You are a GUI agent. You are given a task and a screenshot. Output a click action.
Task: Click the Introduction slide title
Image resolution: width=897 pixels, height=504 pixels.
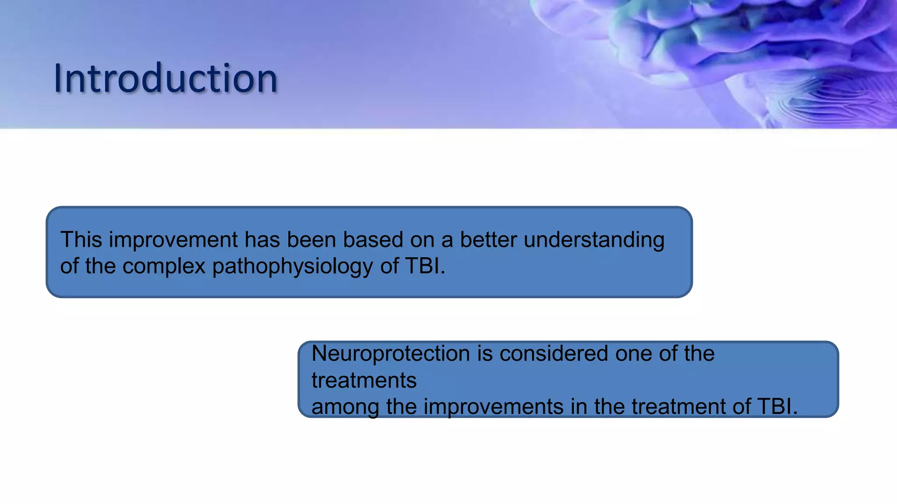tap(166, 79)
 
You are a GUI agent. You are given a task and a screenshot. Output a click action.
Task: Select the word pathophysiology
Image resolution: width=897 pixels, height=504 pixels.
tap(292, 266)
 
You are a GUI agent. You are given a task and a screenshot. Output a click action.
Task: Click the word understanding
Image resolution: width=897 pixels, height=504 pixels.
tap(594, 240)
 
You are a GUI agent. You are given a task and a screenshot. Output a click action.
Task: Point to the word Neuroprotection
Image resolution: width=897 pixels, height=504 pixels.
tap(391, 353)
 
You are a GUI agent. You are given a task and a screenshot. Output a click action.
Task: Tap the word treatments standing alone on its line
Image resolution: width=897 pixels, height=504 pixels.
tap(364, 380)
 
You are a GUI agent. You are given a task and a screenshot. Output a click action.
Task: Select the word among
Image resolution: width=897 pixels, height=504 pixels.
tap(345, 406)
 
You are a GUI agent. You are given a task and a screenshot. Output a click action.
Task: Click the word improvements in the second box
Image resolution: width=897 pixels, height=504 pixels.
tap(493, 406)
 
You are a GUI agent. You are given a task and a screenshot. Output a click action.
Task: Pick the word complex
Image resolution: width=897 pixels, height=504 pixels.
tap(164, 266)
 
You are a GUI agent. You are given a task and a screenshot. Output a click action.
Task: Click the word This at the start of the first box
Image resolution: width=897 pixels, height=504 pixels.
tap(81, 240)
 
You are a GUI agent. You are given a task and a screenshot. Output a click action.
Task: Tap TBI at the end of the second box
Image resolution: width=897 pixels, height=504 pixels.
tap(777, 406)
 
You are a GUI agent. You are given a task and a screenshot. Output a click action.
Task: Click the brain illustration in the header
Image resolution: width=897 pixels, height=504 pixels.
tap(745, 57)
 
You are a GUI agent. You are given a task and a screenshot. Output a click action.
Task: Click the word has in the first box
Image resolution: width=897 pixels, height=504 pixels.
tap(262, 240)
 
